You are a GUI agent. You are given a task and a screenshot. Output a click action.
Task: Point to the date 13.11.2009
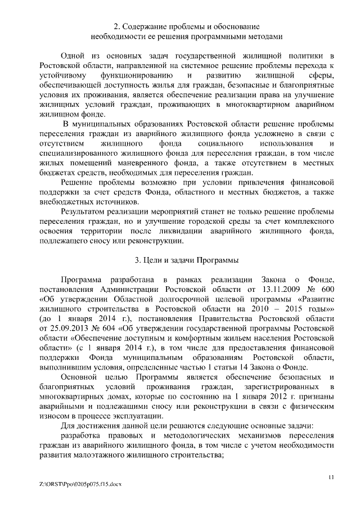pos(279,289)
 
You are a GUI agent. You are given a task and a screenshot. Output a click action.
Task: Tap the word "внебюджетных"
pos(65,202)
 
